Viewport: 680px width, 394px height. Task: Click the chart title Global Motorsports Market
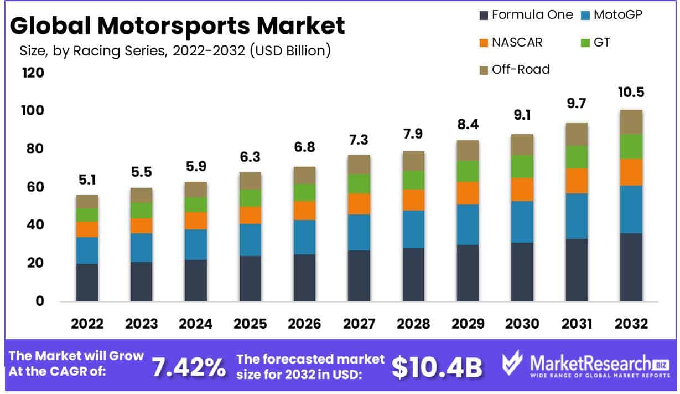[177, 25]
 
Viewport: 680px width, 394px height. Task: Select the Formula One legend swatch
[483, 15]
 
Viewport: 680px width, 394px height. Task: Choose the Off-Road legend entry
[514, 69]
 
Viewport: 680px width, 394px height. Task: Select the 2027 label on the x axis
[359, 324]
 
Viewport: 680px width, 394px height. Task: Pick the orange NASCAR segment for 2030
[522, 189]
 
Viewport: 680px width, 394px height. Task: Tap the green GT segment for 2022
[87, 214]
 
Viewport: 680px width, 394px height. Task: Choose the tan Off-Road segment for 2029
[468, 150]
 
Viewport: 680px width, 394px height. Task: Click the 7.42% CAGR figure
[188, 367]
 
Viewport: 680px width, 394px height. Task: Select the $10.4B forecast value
[437, 367]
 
